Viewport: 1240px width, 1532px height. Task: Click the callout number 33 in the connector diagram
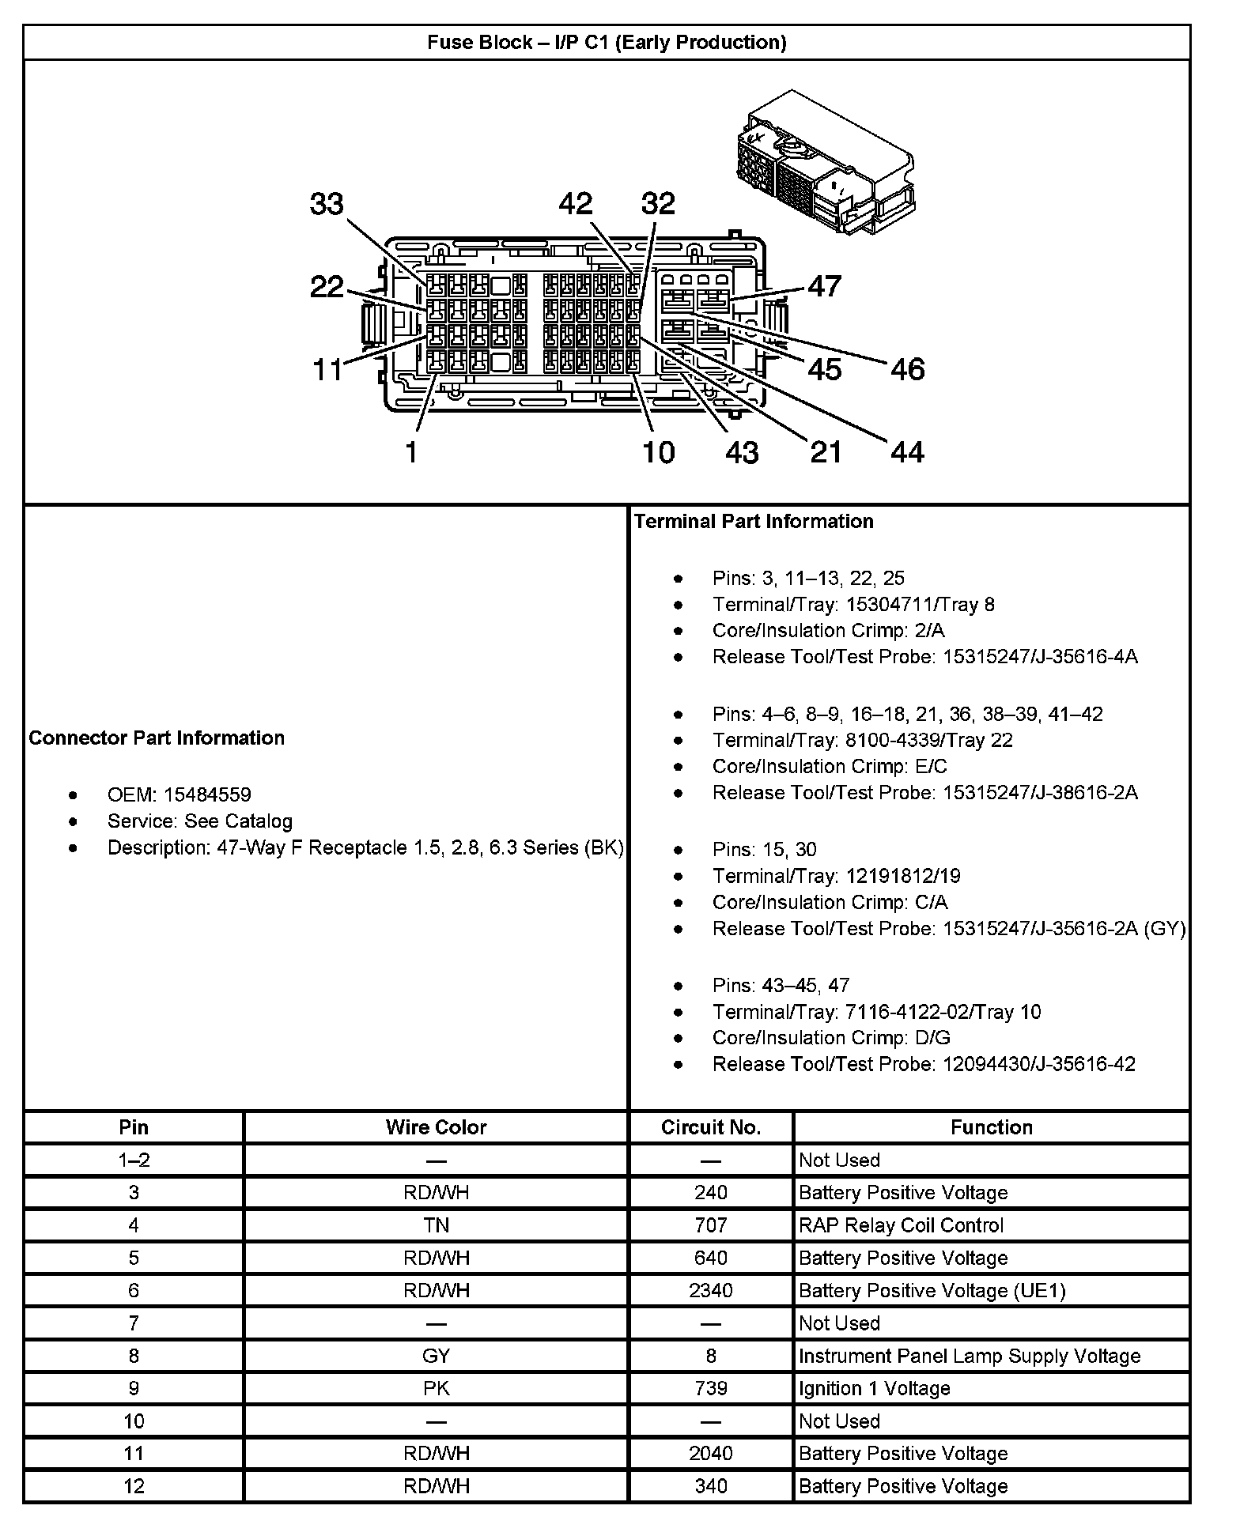[327, 204]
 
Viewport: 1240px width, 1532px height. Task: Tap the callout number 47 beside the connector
[825, 286]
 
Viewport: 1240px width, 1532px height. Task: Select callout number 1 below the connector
[411, 452]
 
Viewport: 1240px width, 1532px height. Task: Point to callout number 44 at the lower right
[907, 452]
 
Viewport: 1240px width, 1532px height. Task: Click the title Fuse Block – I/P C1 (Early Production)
[607, 43]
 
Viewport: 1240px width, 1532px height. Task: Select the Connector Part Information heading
[157, 738]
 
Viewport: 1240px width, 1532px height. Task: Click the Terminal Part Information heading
[754, 521]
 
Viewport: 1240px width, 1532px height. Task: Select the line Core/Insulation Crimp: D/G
[831, 1038]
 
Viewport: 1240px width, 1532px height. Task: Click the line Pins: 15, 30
[764, 849]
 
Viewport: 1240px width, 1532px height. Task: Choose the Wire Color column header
[436, 1127]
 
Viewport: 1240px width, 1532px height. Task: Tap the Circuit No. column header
[710, 1127]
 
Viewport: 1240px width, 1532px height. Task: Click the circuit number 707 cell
[710, 1225]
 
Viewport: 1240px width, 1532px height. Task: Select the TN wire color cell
[436, 1225]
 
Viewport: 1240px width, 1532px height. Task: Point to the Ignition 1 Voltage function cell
[875, 1388]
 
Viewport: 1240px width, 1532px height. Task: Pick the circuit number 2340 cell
[710, 1290]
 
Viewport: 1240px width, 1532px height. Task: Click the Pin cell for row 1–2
[134, 1160]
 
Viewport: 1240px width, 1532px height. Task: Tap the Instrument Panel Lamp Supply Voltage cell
[970, 1356]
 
